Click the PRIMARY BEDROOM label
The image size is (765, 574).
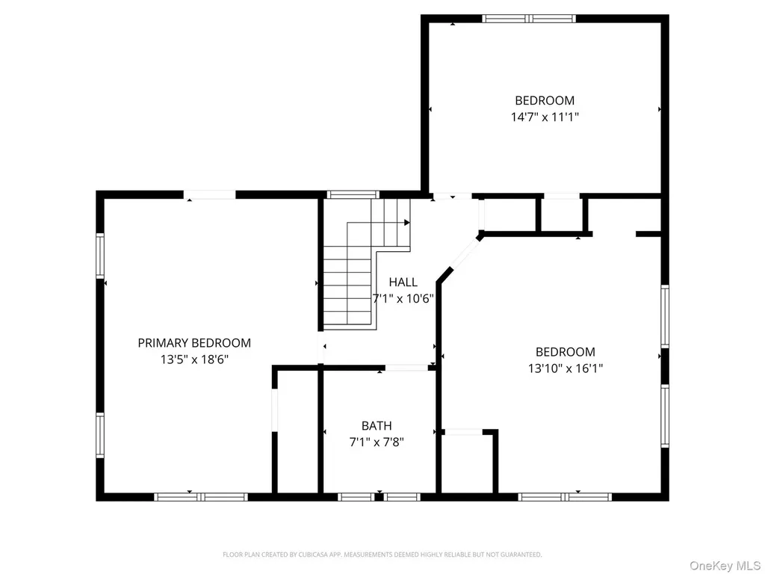pos(194,343)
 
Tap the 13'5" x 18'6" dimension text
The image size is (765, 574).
pos(194,359)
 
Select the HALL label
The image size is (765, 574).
pos(403,282)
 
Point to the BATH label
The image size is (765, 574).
pos(377,425)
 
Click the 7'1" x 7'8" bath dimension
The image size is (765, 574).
pos(377,442)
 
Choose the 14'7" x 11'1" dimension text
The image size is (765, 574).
pos(545,117)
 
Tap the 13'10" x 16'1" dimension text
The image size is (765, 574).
pos(566,368)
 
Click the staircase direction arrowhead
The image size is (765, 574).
pos(407,223)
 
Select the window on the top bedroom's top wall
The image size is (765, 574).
pos(529,19)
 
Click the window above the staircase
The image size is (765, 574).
pos(353,195)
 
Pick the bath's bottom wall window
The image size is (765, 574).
pos(379,497)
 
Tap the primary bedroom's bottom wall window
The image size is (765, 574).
pos(201,497)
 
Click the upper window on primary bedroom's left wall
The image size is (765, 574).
pos(100,256)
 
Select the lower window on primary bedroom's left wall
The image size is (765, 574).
pos(100,436)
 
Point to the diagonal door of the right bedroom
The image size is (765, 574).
pos(465,253)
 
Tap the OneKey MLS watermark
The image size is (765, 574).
pos(725,566)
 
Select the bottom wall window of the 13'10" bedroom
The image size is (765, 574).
pos(565,497)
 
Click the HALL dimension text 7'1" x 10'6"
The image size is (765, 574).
pos(403,299)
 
